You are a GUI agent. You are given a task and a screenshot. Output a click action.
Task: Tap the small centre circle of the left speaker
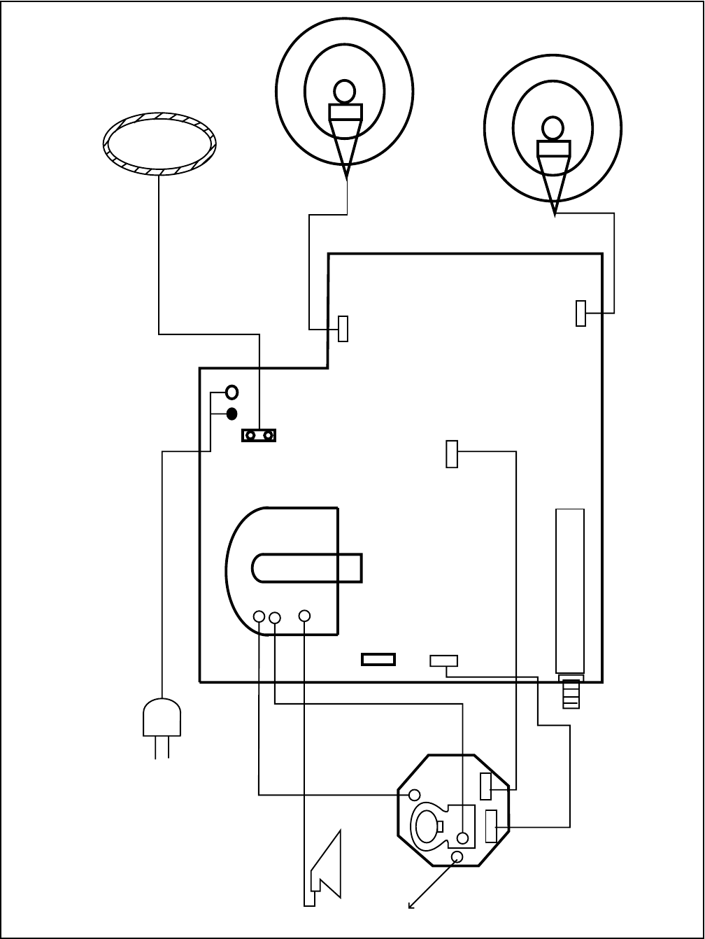344,91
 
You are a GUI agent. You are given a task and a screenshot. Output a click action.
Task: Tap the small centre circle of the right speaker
553,127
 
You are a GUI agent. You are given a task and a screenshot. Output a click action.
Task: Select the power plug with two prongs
162,721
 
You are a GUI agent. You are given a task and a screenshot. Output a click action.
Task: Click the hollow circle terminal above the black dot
232,392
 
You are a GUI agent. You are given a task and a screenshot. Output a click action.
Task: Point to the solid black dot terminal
232,414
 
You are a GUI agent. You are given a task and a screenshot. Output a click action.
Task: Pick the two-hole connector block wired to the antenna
259,436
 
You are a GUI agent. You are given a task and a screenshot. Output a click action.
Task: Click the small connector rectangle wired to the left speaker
343,328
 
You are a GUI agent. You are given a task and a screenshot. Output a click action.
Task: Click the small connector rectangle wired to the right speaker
581,313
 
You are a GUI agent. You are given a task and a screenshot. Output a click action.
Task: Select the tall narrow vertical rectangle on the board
569,591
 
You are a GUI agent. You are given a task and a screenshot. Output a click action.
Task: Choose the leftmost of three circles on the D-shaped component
259,616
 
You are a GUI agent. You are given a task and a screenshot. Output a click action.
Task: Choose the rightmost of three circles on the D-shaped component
304,616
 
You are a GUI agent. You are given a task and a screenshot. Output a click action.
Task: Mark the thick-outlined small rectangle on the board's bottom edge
378,659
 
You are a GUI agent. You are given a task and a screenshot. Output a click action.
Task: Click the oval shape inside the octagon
425,826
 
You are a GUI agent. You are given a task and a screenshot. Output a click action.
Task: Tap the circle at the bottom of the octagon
457,857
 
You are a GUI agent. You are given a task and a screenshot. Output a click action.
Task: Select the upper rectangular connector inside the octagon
485,786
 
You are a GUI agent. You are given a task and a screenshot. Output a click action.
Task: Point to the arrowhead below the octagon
411,905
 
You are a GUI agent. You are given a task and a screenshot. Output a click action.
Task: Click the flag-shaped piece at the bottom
327,868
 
